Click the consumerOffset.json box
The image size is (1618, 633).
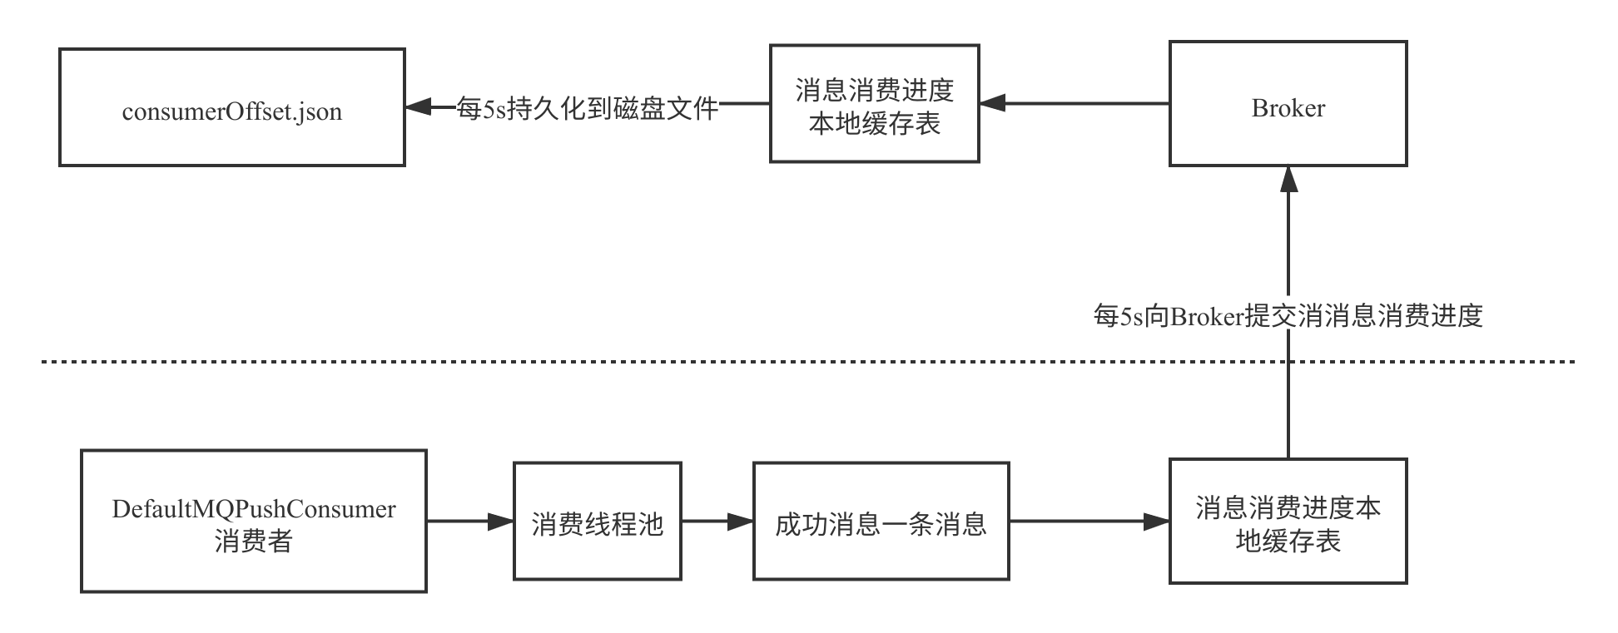pyautogui.click(x=231, y=107)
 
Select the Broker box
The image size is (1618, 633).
pyautogui.click(x=1288, y=104)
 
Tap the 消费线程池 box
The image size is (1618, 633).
pyautogui.click(x=597, y=522)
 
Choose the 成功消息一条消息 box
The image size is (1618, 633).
pyautogui.click(x=881, y=522)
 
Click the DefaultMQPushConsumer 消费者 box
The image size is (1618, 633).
pyautogui.click(x=253, y=522)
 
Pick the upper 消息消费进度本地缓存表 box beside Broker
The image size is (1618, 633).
pyautogui.click(x=874, y=104)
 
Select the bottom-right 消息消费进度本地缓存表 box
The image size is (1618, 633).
pyautogui.click(x=1288, y=522)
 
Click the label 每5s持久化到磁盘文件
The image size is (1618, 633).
pyautogui.click(x=588, y=107)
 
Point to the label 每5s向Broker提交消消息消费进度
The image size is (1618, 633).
pyautogui.click(x=1288, y=315)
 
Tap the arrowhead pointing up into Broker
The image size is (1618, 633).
pyautogui.click(x=1288, y=180)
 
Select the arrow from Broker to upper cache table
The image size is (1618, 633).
pyautogui.click(x=1074, y=104)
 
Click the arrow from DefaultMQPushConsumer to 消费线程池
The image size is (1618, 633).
pyautogui.click(x=469, y=522)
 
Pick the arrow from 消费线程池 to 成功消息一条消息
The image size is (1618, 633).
pyautogui.click(x=717, y=522)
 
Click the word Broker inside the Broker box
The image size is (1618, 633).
pyautogui.click(x=1288, y=108)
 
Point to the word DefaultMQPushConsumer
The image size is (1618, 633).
pyautogui.click(x=253, y=508)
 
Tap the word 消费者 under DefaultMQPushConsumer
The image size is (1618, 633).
pyautogui.click(x=253, y=542)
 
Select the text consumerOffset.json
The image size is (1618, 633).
pyautogui.click(x=231, y=111)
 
